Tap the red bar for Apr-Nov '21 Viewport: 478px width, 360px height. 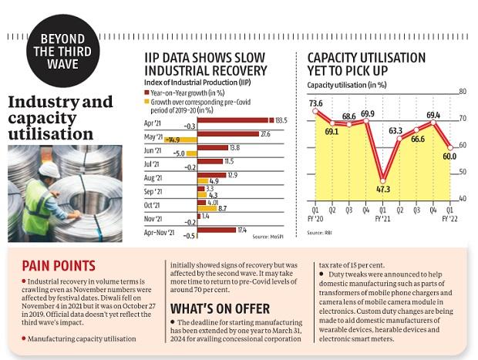coord(217,230)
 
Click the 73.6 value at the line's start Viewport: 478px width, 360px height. coord(316,103)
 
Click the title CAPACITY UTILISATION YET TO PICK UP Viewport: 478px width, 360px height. coord(362,62)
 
